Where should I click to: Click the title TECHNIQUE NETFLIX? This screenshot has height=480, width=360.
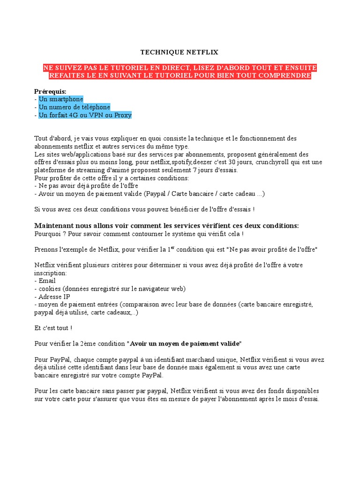point(180,52)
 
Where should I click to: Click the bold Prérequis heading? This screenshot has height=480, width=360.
point(50,91)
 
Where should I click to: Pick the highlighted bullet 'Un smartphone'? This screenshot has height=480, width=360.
point(60,99)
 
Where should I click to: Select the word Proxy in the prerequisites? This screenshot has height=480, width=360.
point(123,115)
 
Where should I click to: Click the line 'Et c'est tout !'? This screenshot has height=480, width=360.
point(53,328)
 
